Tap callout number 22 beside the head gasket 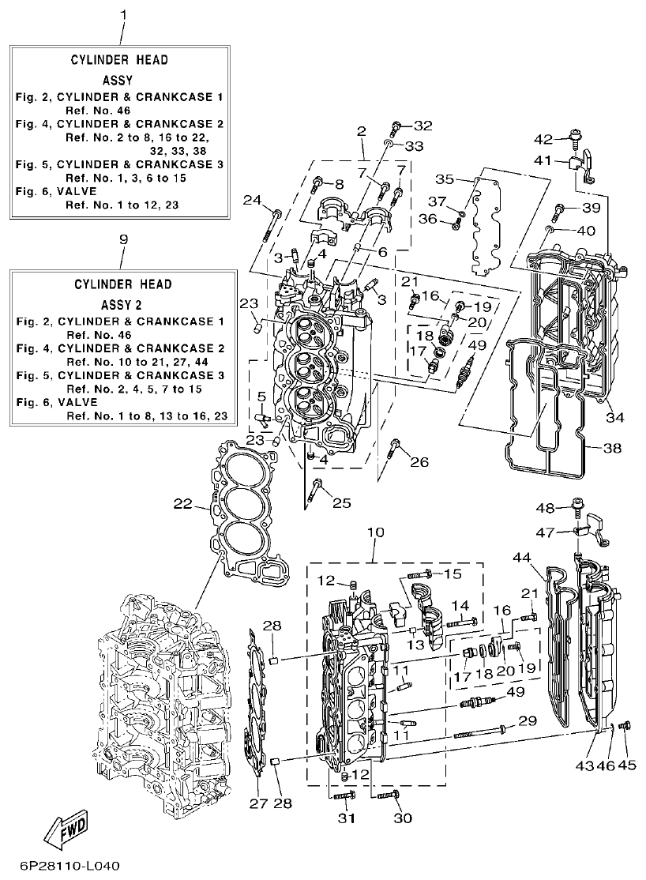click(x=182, y=503)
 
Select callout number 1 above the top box click(x=122, y=15)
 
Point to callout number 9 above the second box click(x=122, y=239)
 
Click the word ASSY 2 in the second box click(x=123, y=303)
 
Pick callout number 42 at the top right click(x=543, y=140)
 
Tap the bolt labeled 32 click(x=397, y=126)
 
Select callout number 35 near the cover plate click(x=445, y=179)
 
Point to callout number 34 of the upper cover click(x=614, y=416)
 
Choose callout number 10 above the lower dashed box click(x=375, y=532)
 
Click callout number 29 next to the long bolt click(x=527, y=720)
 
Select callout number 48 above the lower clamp click(x=546, y=507)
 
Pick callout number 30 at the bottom click(x=403, y=818)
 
